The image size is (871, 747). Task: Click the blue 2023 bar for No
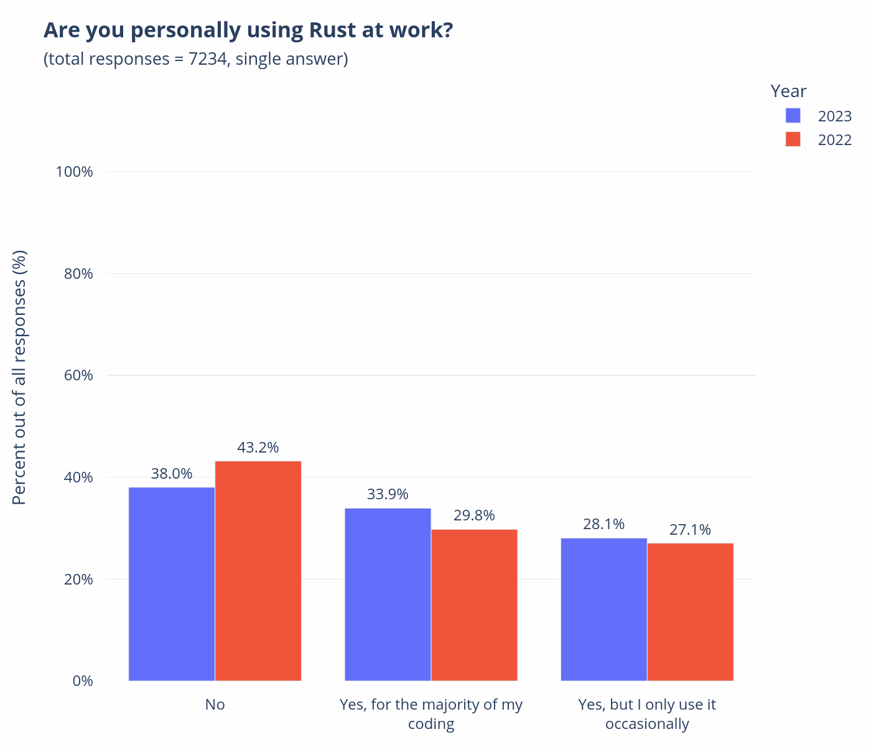click(x=172, y=584)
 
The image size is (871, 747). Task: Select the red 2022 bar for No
click(x=258, y=571)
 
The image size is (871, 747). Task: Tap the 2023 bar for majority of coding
click(x=388, y=594)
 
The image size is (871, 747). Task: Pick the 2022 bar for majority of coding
click(x=474, y=605)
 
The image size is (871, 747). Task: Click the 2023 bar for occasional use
click(x=603, y=609)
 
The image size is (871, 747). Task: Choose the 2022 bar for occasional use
click(x=690, y=612)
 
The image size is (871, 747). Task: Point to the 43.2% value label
click(x=258, y=448)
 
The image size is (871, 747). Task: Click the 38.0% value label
click(x=172, y=474)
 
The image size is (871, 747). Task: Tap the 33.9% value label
click(x=388, y=494)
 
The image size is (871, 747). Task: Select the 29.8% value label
click(x=474, y=515)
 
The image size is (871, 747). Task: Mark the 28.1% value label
click(x=603, y=524)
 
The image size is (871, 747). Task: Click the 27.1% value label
click(x=690, y=530)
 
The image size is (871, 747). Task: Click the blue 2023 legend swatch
click(x=793, y=116)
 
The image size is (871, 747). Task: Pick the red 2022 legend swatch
click(x=793, y=139)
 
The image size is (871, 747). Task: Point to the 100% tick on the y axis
click(x=75, y=172)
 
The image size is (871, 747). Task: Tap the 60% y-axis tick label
click(x=78, y=375)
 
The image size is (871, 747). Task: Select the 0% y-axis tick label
click(x=83, y=681)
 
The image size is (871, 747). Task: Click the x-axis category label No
click(x=215, y=705)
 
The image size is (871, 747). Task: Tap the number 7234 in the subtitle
click(x=207, y=59)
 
